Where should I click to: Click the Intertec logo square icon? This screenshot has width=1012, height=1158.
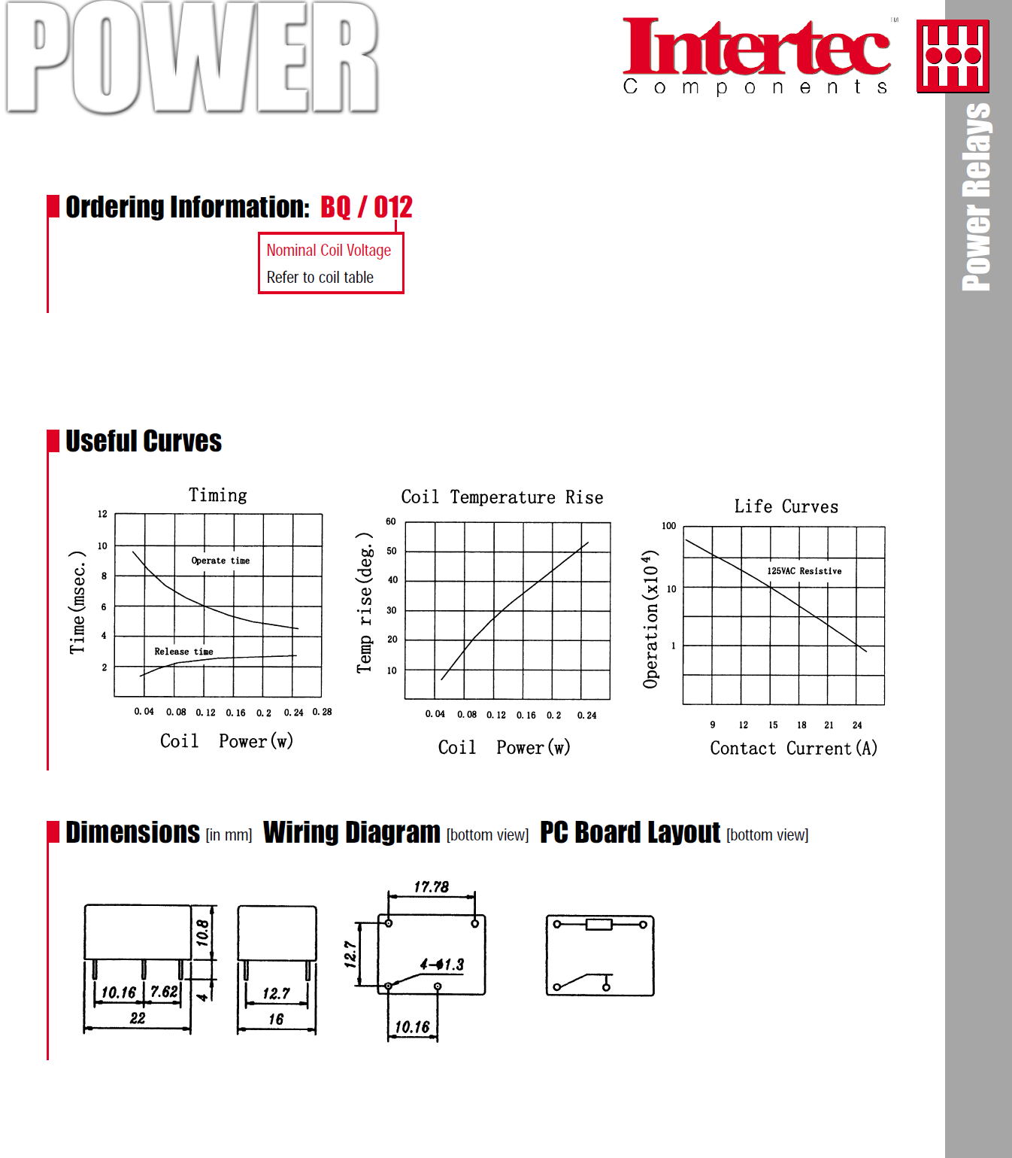[953, 56]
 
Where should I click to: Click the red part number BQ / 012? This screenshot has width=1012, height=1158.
[366, 207]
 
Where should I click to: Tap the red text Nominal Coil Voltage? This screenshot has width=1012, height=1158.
[329, 251]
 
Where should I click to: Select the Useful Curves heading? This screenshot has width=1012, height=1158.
[143, 441]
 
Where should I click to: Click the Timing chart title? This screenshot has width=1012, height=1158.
[217, 495]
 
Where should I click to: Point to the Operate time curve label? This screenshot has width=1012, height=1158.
[220, 561]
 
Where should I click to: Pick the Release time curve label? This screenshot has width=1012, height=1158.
[183, 652]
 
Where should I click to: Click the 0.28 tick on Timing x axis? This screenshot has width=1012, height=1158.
[322, 712]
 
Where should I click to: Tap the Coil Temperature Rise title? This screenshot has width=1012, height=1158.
[501, 497]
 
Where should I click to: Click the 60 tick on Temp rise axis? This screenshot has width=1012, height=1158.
[391, 521]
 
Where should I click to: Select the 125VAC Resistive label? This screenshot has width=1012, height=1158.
[804, 571]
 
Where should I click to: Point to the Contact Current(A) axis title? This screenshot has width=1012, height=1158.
[793, 748]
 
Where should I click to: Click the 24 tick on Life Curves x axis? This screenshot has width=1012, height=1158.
[857, 725]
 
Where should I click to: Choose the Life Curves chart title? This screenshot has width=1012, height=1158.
[786, 506]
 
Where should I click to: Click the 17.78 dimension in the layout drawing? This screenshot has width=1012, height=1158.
[431, 887]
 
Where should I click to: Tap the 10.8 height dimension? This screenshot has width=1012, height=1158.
[202, 932]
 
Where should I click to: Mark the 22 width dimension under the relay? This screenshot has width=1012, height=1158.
[138, 1018]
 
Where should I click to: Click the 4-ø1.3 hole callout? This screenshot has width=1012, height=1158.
[442, 965]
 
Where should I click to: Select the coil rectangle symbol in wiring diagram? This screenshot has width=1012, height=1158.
[599, 924]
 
